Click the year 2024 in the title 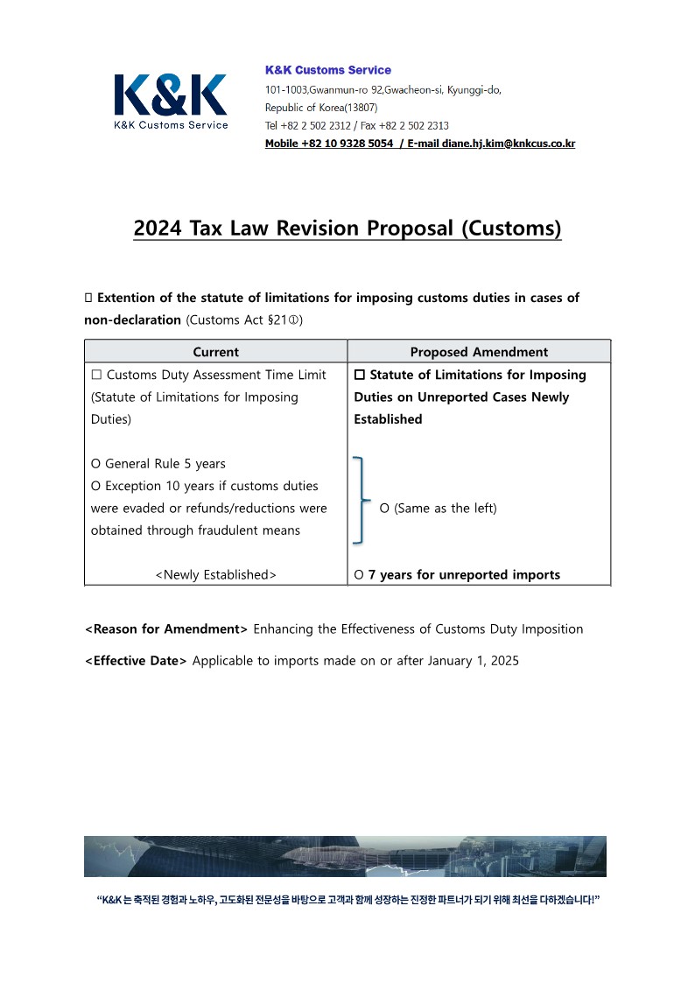coord(158,228)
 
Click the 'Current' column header coord(215,352)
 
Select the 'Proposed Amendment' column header coord(479,352)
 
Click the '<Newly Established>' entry coord(215,575)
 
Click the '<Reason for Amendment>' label coord(166,629)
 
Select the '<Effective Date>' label coord(136,661)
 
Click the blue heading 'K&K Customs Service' coord(328,70)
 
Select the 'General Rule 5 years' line coord(158,464)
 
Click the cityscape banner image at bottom coord(345,856)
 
